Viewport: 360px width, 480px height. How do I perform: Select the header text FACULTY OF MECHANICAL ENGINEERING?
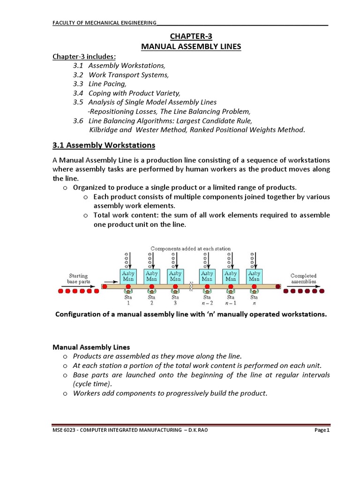click(104, 24)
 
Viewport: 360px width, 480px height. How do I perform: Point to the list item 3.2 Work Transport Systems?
click(120, 75)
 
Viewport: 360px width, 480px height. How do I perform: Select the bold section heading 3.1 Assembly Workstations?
click(104, 145)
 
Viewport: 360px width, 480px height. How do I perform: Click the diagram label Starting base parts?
click(78, 279)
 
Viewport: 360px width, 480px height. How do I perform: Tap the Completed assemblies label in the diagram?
click(303, 279)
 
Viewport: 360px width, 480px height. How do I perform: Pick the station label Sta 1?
click(128, 300)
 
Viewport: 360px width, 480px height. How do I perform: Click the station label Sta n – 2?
click(207, 300)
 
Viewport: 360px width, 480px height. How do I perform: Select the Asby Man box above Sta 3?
click(175, 276)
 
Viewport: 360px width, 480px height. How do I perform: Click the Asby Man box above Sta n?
click(254, 276)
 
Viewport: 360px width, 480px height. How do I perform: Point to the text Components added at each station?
click(190, 248)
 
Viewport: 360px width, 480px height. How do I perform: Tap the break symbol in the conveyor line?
click(191, 286)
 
